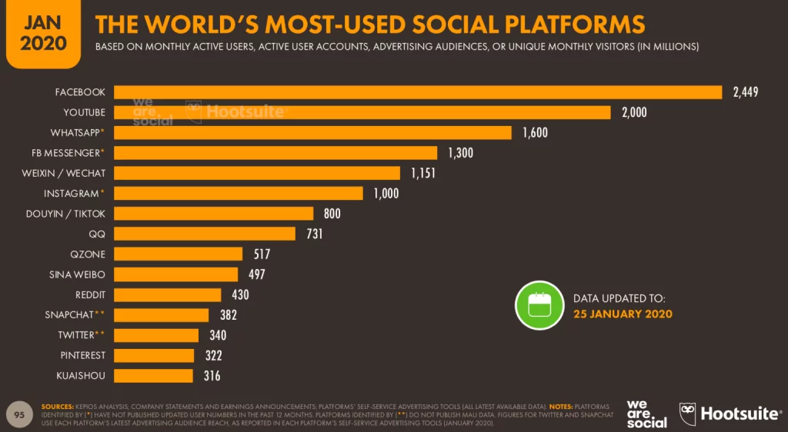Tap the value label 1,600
tap(535, 133)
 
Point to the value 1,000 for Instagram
tap(386, 194)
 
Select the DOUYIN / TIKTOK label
tap(65, 214)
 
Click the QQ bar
tap(205, 234)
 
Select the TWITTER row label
tap(77, 335)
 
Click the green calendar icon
tap(539, 305)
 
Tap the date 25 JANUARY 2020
tap(623, 314)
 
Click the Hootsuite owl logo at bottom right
tap(688, 414)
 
